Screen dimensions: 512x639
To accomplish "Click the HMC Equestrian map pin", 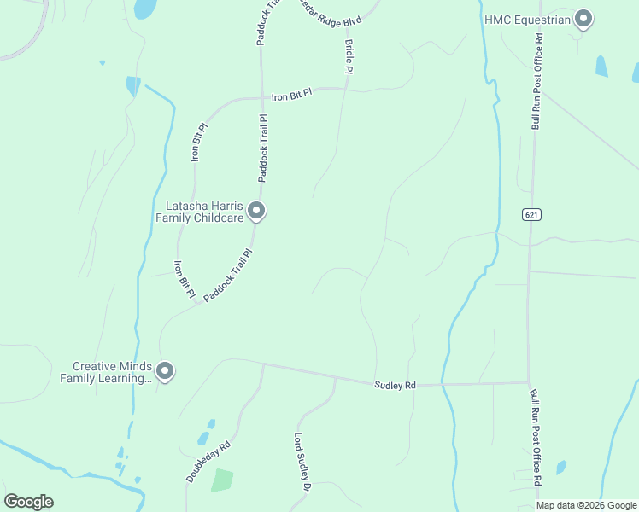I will [x=583, y=19].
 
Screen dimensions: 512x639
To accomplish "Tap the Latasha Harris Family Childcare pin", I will [x=256, y=211].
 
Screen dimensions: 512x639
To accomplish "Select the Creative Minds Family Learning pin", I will [x=165, y=371].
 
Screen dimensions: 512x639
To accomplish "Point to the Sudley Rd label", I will [x=395, y=386].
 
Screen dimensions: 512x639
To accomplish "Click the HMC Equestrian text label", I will [x=526, y=19].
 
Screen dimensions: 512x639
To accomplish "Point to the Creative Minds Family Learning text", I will [x=105, y=372].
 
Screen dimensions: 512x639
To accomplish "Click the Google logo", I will [x=28, y=502].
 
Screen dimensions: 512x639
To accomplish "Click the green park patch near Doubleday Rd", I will [x=221, y=480].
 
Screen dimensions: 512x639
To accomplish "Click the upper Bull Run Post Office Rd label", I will [x=536, y=81].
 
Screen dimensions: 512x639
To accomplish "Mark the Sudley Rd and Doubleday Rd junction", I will [x=263, y=364].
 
